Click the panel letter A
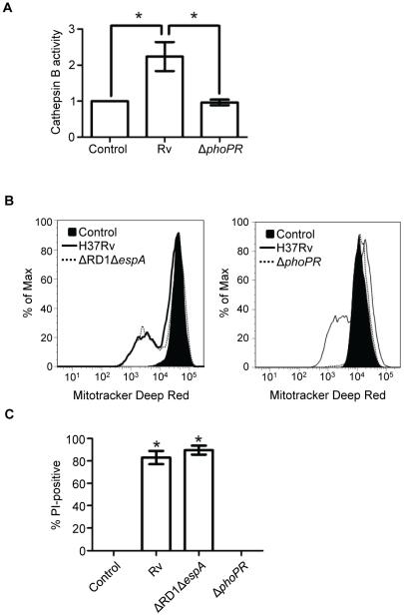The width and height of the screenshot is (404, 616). point(10,9)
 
